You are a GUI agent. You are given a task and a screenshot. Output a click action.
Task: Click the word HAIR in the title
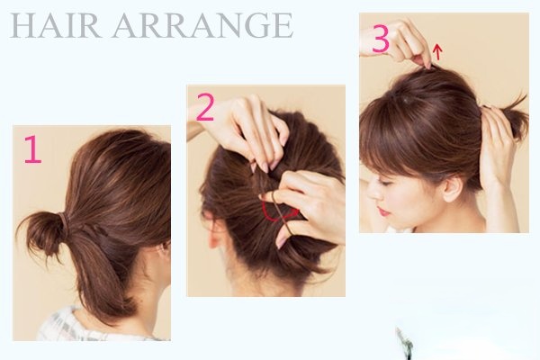coord(56,25)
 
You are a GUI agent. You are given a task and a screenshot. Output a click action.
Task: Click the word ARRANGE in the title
coord(202,25)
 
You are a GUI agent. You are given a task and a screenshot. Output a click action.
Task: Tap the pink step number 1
coord(32,148)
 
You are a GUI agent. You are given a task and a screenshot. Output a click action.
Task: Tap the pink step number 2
coord(205,107)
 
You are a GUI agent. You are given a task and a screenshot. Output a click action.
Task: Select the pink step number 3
coord(381,40)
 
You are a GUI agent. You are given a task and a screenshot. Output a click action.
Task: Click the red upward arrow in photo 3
coord(437,51)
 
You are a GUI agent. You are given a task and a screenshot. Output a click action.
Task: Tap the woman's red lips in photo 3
coord(383,211)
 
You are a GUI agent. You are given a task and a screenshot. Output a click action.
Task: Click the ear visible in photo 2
coord(214,230)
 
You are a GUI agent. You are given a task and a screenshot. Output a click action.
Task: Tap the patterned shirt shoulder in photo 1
coord(62,326)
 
